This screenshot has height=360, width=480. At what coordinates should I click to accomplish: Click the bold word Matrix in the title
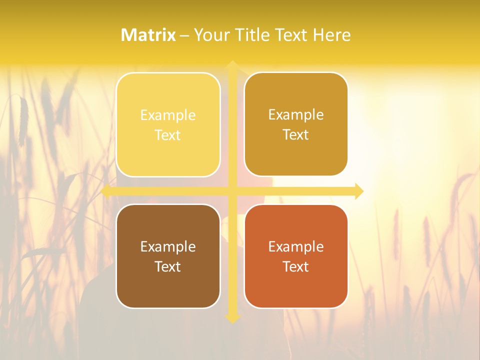148,35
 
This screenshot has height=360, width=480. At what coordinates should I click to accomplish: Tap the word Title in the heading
250,35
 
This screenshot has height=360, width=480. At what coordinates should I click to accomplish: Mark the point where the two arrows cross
232,191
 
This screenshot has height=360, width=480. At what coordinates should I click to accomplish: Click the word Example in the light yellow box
168,115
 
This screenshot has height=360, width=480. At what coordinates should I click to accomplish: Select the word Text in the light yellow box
168,135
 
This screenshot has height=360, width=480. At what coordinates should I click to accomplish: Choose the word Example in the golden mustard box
296,115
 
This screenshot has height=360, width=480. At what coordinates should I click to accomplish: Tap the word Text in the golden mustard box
296,135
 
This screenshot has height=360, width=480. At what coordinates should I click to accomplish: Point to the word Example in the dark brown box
168,247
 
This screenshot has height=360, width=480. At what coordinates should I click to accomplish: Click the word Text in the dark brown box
168,267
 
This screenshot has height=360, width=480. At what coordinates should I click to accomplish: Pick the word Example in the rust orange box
296,247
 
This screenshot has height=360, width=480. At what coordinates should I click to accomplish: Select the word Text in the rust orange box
296,267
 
